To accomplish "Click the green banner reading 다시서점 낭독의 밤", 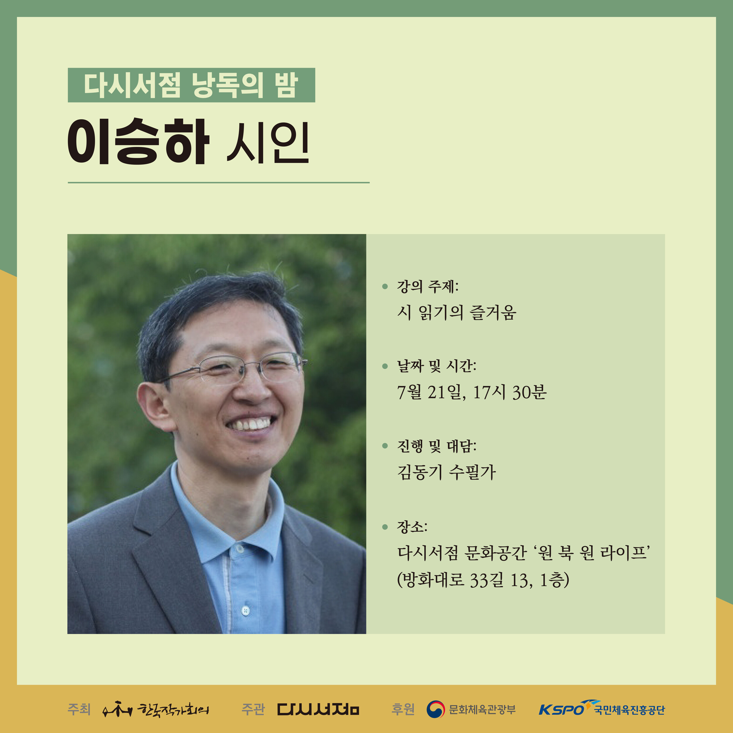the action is [191, 85].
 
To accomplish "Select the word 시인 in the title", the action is [268, 143].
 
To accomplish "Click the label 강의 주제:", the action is [427, 287].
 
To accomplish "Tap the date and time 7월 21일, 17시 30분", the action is [471, 393].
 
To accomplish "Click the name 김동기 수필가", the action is [446, 472].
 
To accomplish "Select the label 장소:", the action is [412, 527].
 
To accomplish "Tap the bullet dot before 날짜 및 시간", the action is [385, 366].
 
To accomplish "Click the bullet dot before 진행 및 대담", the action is [385, 446].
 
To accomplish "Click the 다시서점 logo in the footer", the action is [318, 709].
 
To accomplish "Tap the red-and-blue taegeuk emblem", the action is [436, 709].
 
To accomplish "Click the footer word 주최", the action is [79, 709].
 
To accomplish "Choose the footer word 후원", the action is [403, 709].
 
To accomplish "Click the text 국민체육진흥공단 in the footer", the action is [630, 710].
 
